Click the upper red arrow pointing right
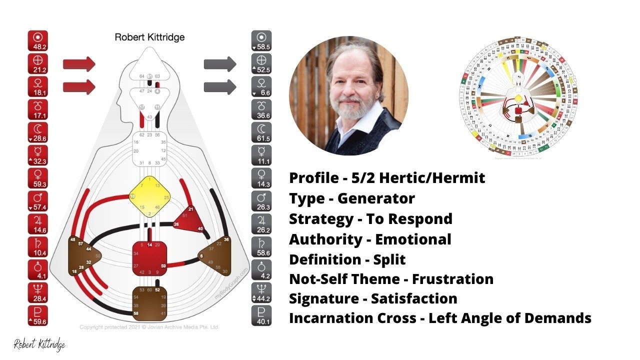[79, 64]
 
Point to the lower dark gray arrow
[220, 86]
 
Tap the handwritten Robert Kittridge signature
[39, 344]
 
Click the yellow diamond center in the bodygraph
[149, 196]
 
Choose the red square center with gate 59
[149, 258]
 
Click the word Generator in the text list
[376, 198]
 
